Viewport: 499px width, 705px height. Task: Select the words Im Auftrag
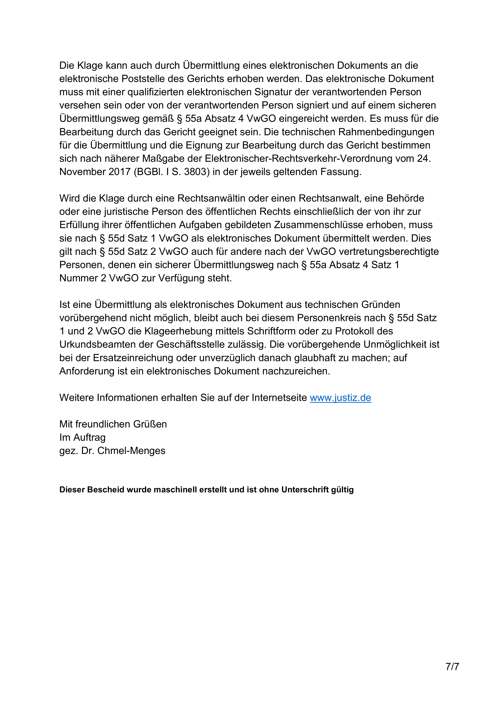(82, 437)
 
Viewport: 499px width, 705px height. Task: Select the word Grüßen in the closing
(150, 424)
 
